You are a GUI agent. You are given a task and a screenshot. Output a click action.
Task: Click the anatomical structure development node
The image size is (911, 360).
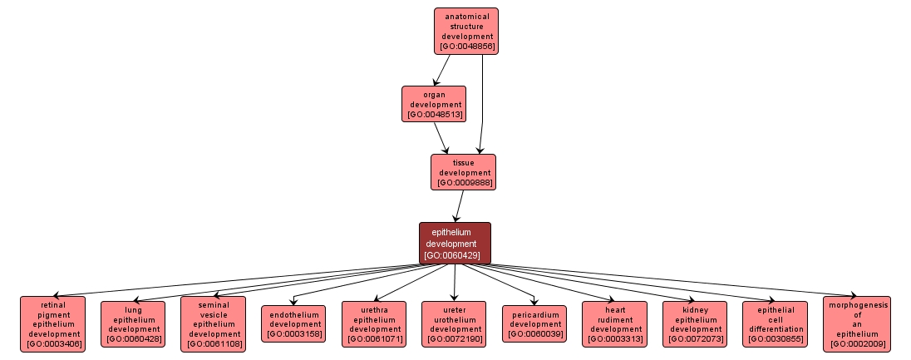[465, 31]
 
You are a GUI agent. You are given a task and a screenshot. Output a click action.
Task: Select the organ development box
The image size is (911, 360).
[434, 104]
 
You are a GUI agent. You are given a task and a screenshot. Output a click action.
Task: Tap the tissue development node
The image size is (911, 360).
[463, 172]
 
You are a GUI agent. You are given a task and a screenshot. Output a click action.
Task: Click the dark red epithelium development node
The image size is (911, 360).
[455, 243]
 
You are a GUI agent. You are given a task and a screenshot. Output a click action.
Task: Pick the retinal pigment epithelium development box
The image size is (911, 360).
[54, 323]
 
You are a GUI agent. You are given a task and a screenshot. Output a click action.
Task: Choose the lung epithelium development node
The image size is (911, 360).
[133, 323]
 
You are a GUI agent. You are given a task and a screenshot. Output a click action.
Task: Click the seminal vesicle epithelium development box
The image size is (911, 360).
[213, 323]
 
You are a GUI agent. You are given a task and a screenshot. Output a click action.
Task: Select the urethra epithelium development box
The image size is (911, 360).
[374, 323]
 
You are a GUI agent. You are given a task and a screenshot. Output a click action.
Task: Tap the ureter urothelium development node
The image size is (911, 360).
[454, 323]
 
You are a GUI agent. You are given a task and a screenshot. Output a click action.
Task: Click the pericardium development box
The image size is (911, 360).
[534, 323]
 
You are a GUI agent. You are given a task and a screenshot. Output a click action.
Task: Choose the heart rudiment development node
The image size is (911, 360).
[614, 323]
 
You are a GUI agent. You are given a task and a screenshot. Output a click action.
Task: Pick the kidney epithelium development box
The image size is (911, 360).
[694, 323]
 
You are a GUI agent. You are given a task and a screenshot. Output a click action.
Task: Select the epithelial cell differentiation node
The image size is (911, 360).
[775, 323]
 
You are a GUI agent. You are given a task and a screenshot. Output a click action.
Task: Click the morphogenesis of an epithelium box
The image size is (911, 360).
[857, 323]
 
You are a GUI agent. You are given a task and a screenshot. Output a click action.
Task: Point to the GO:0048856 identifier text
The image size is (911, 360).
[466, 47]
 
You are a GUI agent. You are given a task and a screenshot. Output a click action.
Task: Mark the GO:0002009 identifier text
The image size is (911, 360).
[857, 343]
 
